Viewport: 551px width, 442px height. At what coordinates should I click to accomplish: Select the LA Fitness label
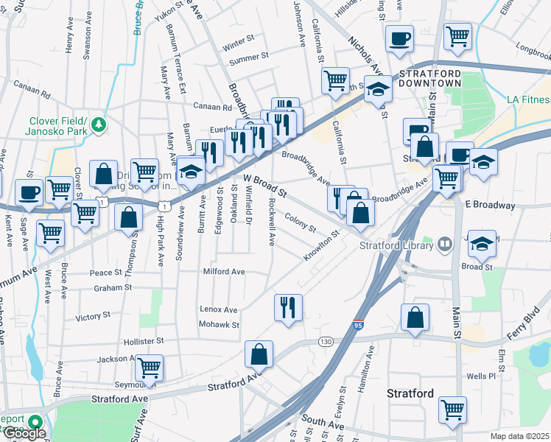tap(528, 99)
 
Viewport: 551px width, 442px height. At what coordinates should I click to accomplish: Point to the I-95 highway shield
tap(358, 324)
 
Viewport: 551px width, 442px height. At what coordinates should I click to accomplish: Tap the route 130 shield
tap(325, 341)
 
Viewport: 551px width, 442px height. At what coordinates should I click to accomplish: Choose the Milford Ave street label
tap(224, 271)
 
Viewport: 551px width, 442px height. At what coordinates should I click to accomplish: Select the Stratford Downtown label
tap(429, 78)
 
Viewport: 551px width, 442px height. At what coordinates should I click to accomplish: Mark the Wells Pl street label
tap(481, 376)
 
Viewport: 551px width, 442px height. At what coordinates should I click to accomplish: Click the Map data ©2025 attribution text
tap(519, 436)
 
